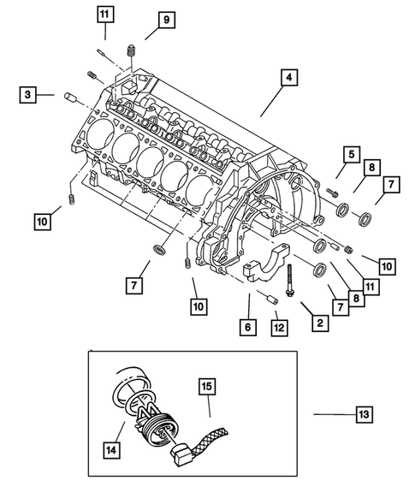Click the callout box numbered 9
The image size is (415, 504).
click(165, 20)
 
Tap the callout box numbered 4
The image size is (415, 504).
click(290, 78)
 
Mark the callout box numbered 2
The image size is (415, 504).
click(318, 323)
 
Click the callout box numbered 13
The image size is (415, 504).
click(365, 414)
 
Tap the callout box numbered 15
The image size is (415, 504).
click(207, 387)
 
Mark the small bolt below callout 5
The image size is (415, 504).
click(331, 193)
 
